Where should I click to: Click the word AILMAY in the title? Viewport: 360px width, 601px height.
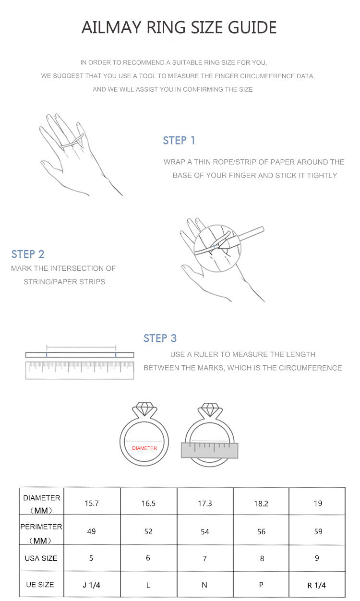point(111,27)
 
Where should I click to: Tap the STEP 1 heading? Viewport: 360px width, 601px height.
point(179,140)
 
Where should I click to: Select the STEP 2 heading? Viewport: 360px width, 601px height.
point(28,254)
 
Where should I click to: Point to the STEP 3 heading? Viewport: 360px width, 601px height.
point(160,338)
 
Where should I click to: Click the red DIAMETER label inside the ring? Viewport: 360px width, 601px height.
point(144,448)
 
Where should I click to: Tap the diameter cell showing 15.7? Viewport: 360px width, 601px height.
point(92,504)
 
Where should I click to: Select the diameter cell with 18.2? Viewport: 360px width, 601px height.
point(261,504)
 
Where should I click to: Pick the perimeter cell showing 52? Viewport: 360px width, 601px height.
point(148,531)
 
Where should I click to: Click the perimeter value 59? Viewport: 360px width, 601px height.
point(318,531)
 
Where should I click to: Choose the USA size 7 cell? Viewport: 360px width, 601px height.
point(204,558)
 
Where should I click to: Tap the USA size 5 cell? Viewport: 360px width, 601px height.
point(91,558)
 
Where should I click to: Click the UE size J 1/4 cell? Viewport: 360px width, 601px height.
point(92,585)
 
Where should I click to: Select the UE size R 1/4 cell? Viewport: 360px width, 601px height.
point(316,585)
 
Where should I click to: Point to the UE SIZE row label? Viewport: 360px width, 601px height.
point(40,585)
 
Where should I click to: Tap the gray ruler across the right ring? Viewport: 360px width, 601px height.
point(209,450)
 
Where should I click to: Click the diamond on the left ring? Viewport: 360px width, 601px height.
point(144,409)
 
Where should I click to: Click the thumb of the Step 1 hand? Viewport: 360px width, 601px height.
point(51,167)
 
